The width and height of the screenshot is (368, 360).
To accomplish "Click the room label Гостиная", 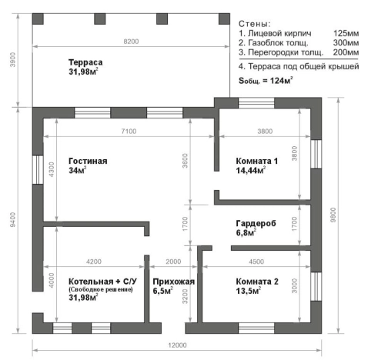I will (x=87, y=161).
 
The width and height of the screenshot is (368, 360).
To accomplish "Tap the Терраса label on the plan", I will (x=85, y=62).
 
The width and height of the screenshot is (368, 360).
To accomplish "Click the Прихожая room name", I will (x=174, y=282).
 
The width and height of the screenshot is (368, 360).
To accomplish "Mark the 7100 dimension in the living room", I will (x=128, y=132).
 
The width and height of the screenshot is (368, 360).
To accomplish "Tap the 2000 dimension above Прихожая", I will (x=174, y=260).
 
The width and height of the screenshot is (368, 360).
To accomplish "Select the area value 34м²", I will (x=78, y=170).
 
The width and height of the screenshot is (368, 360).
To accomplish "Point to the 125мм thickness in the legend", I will (x=346, y=34).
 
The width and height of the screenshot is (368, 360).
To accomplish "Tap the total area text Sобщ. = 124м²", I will (x=276, y=80).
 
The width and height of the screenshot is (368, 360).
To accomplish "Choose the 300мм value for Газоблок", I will (x=346, y=43).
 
